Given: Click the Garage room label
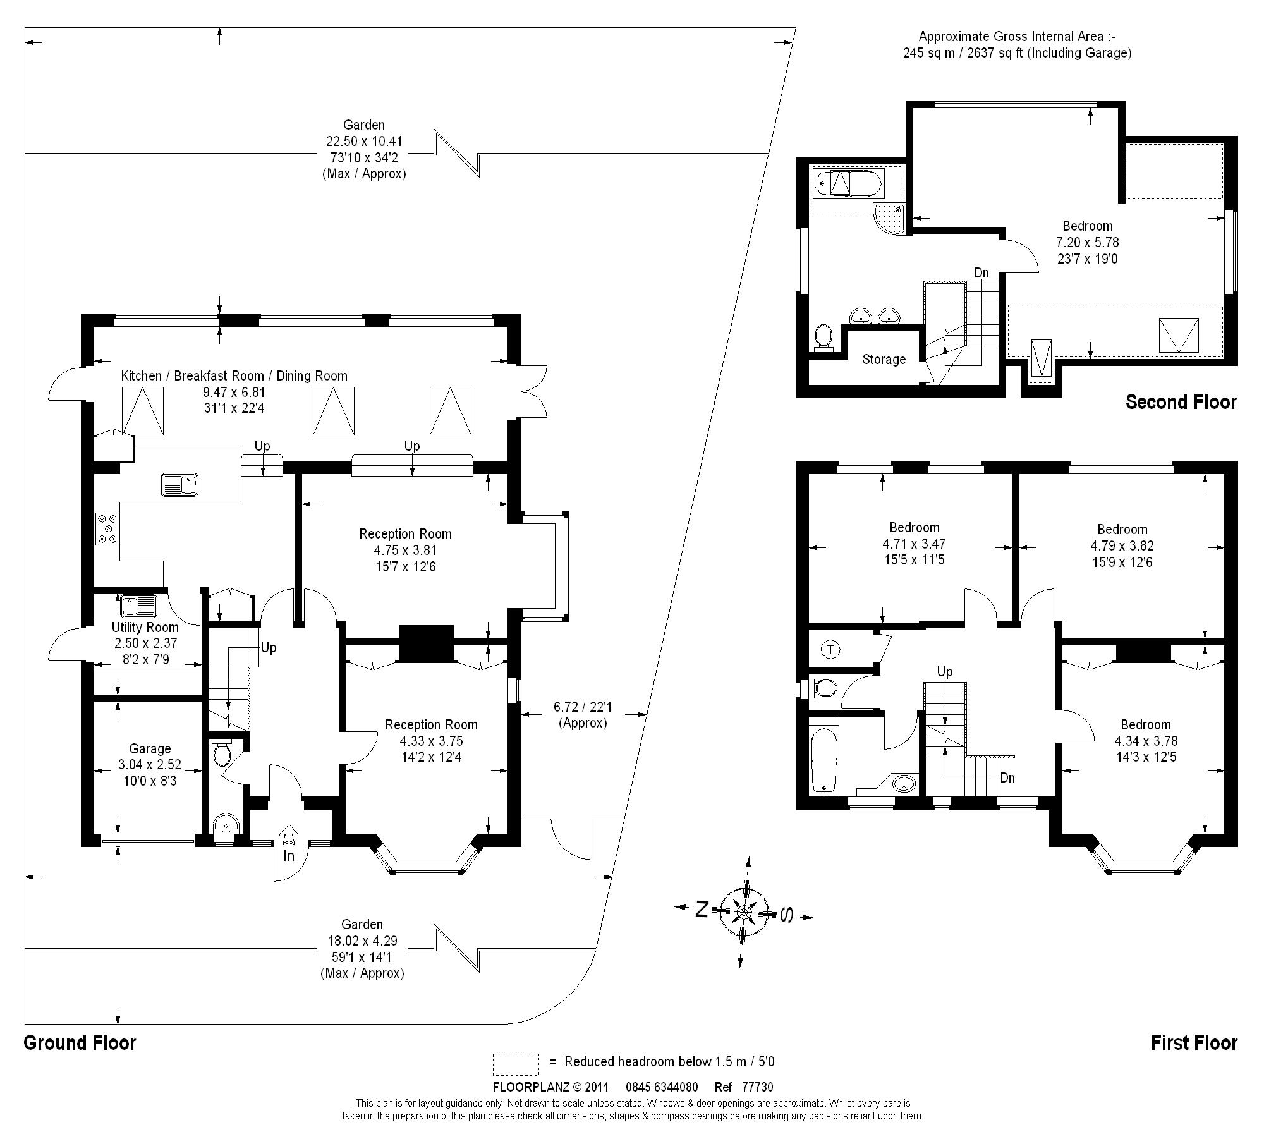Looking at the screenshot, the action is click(x=150, y=749).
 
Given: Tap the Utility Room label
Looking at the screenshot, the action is click(x=145, y=628).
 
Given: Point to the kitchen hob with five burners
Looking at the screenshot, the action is click(x=107, y=528).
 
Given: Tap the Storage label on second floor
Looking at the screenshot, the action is click(x=884, y=360).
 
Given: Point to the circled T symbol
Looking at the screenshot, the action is click(x=830, y=649).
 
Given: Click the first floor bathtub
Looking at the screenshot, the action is click(x=823, y=760).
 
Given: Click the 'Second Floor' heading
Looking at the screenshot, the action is click(x=1181, y=402).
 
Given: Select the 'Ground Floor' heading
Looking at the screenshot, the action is click(x=80, y=1042).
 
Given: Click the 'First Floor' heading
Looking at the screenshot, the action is click(x=1194, y=1042).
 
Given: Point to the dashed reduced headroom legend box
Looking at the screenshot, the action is click(x=516, y=1064).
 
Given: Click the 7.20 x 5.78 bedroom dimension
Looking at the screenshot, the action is click(x=1088, y=242).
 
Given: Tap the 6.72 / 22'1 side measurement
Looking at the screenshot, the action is click(x=583, y=706).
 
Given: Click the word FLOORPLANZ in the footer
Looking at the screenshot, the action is click(x=531, y=1087).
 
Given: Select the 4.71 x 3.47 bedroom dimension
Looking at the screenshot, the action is click(x=914, y=544).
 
